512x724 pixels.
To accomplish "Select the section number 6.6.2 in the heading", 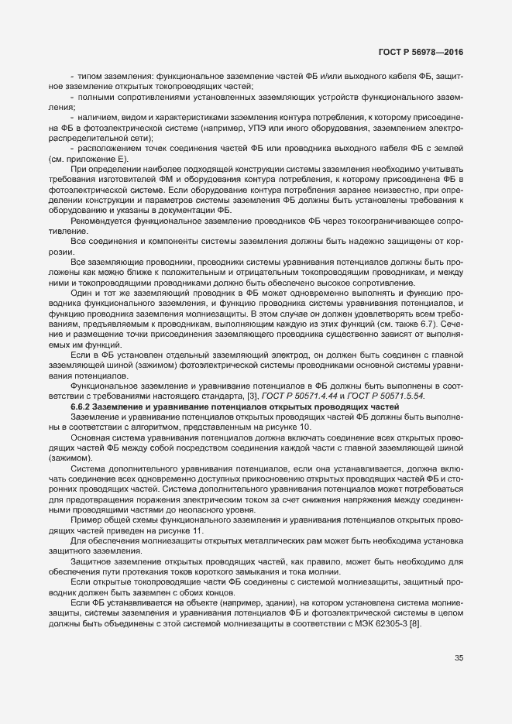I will [x=83, y=407].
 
